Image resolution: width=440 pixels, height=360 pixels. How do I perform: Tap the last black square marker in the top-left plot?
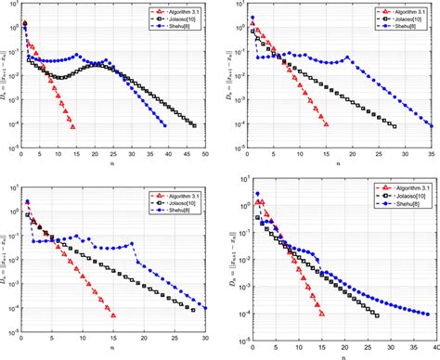coord(194,125)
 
